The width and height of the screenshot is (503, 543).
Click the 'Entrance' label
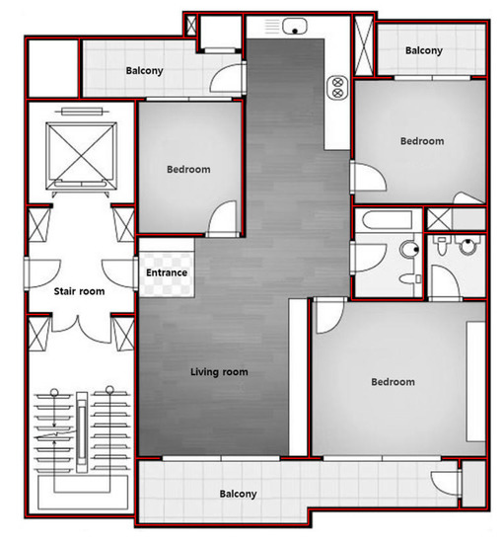(x=167, y=272)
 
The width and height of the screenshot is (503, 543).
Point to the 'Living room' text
(x=219, y=372)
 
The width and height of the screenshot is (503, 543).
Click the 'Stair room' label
(x=78, y=291)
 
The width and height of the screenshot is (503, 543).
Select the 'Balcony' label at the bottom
(x=238, y=494)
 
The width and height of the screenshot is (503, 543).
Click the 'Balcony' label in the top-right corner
(x=423, y=50)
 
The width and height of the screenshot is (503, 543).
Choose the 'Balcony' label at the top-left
(x=144, y=71)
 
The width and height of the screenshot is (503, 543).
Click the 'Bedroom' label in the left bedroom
(x=187, y=169)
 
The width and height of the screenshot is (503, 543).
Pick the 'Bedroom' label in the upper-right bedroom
(x=421, y=141)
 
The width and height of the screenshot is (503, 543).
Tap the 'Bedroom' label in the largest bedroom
(x=393, y=382)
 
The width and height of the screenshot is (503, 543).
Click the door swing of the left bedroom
(x=223, y=220)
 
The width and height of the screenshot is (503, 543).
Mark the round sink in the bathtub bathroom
(x=405, y=251)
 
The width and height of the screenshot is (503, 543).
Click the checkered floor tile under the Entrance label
(x=167, y=286)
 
